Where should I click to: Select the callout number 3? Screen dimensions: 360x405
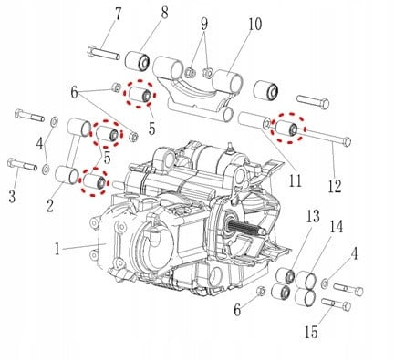pos(11,197)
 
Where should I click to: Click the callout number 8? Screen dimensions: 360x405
pos(164,13)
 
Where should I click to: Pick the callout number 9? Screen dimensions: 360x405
pos(204,23)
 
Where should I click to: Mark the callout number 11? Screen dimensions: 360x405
pos(295,180)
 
